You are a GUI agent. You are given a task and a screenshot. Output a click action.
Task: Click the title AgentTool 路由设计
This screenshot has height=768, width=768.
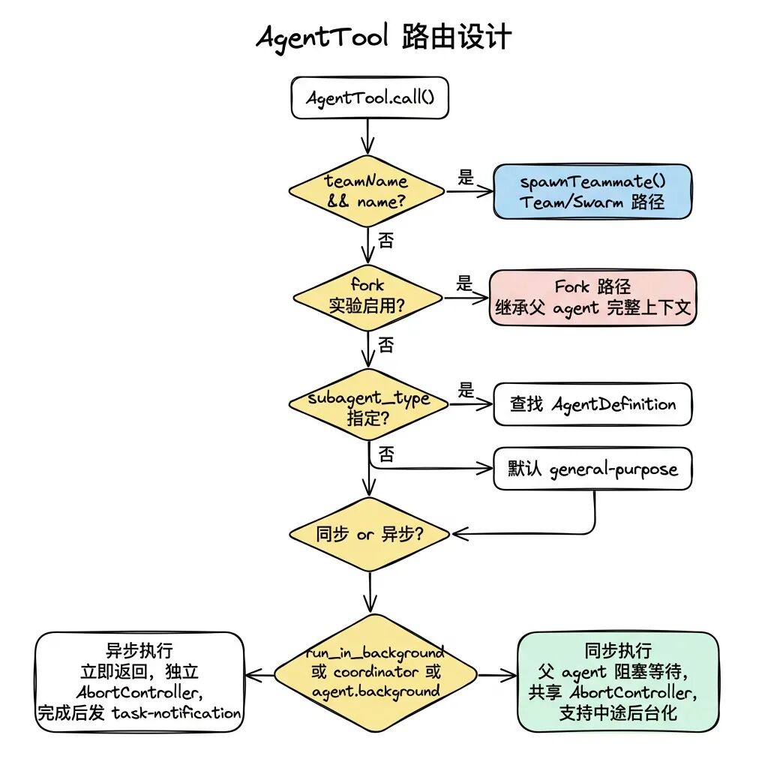(x=383, y=36)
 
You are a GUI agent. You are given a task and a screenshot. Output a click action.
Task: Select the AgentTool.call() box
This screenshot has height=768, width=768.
(x=369, y=98)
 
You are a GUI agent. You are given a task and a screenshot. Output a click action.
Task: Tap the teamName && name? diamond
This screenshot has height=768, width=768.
(x=367, y=191)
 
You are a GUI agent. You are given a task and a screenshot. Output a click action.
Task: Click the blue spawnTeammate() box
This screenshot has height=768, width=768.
(x=592, y=191)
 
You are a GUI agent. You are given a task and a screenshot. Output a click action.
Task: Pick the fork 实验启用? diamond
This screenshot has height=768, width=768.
(x=367, y=296)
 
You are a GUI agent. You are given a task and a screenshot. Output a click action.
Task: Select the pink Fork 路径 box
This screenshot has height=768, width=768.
(x=592, y=297)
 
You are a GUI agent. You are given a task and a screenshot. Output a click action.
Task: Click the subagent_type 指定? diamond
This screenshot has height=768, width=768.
(x=368, y=407)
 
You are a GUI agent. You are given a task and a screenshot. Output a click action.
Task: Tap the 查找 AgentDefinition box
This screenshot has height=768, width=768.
(x=592, y=405)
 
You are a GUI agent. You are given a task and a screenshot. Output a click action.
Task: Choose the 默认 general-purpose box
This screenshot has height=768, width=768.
(x=592, y=469)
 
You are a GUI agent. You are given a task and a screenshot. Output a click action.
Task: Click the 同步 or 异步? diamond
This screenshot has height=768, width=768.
(x=369, y=535)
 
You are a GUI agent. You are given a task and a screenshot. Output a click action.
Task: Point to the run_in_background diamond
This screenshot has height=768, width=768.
(x=376, y=671)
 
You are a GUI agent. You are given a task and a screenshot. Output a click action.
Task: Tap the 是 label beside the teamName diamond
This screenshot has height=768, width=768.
(x=466, y=178)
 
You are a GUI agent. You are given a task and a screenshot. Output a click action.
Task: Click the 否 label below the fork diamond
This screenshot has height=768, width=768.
(x=385, y=345)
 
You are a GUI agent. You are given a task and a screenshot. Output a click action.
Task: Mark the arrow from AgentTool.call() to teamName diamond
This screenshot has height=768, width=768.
(x=367, y=136)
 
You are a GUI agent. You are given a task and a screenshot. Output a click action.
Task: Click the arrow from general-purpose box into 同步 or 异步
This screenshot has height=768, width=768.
(x=525, y=534)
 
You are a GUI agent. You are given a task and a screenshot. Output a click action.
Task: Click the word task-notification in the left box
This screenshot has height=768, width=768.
(x=176, y=712)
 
